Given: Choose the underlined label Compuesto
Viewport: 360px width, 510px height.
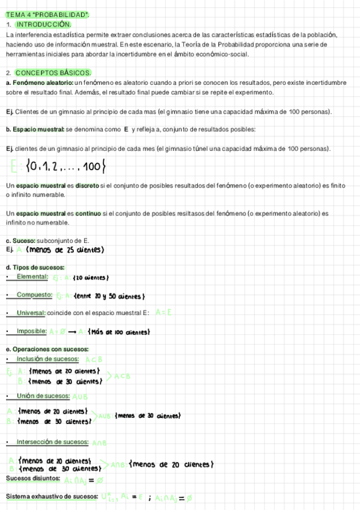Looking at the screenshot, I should (x=34, y=295).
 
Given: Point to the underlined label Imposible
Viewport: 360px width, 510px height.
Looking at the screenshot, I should (x=32, y=331).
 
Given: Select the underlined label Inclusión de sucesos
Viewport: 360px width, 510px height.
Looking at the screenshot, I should (x=49, y=359).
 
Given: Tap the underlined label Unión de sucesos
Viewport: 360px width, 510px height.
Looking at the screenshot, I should (x=43, y=396).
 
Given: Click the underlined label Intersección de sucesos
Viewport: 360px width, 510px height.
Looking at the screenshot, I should (x=53, y=442).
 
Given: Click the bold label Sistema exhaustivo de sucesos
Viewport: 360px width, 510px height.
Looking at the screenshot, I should (x=52, y=497).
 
